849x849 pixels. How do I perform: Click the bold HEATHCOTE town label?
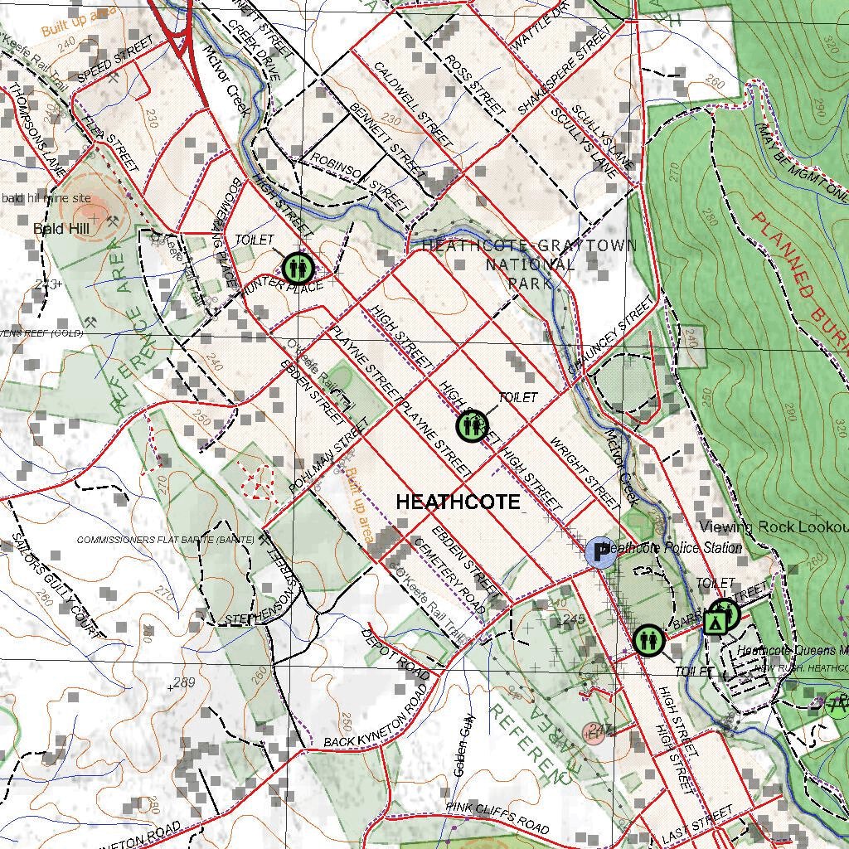pos(458,502)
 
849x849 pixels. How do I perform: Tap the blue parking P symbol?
pos(599,552)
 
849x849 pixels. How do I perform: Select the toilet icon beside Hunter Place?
pos(296,268)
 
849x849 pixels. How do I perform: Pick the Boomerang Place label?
pos(223,233)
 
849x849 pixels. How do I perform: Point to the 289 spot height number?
pos(183,683)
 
